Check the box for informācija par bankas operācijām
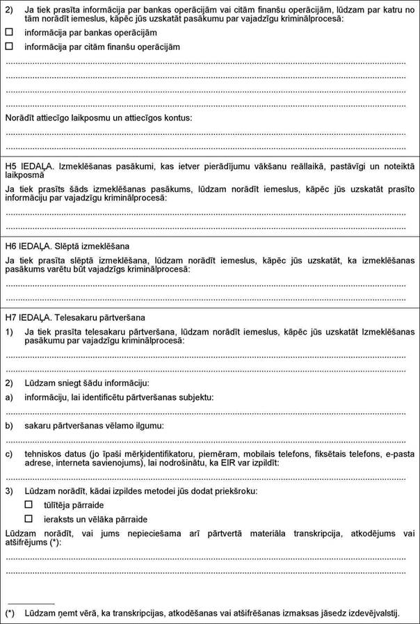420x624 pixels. (9, 33)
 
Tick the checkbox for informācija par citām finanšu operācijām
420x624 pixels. (9, 46)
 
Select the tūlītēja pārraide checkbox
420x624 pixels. (29, 504)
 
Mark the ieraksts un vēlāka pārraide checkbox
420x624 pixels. (29, 518)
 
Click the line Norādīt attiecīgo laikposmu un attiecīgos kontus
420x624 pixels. (99, 118)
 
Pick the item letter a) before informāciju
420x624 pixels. (9, 397)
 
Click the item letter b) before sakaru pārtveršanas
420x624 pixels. (9, 424)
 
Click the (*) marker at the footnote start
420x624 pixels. (10, 613)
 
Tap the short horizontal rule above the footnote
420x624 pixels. (30, 604)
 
